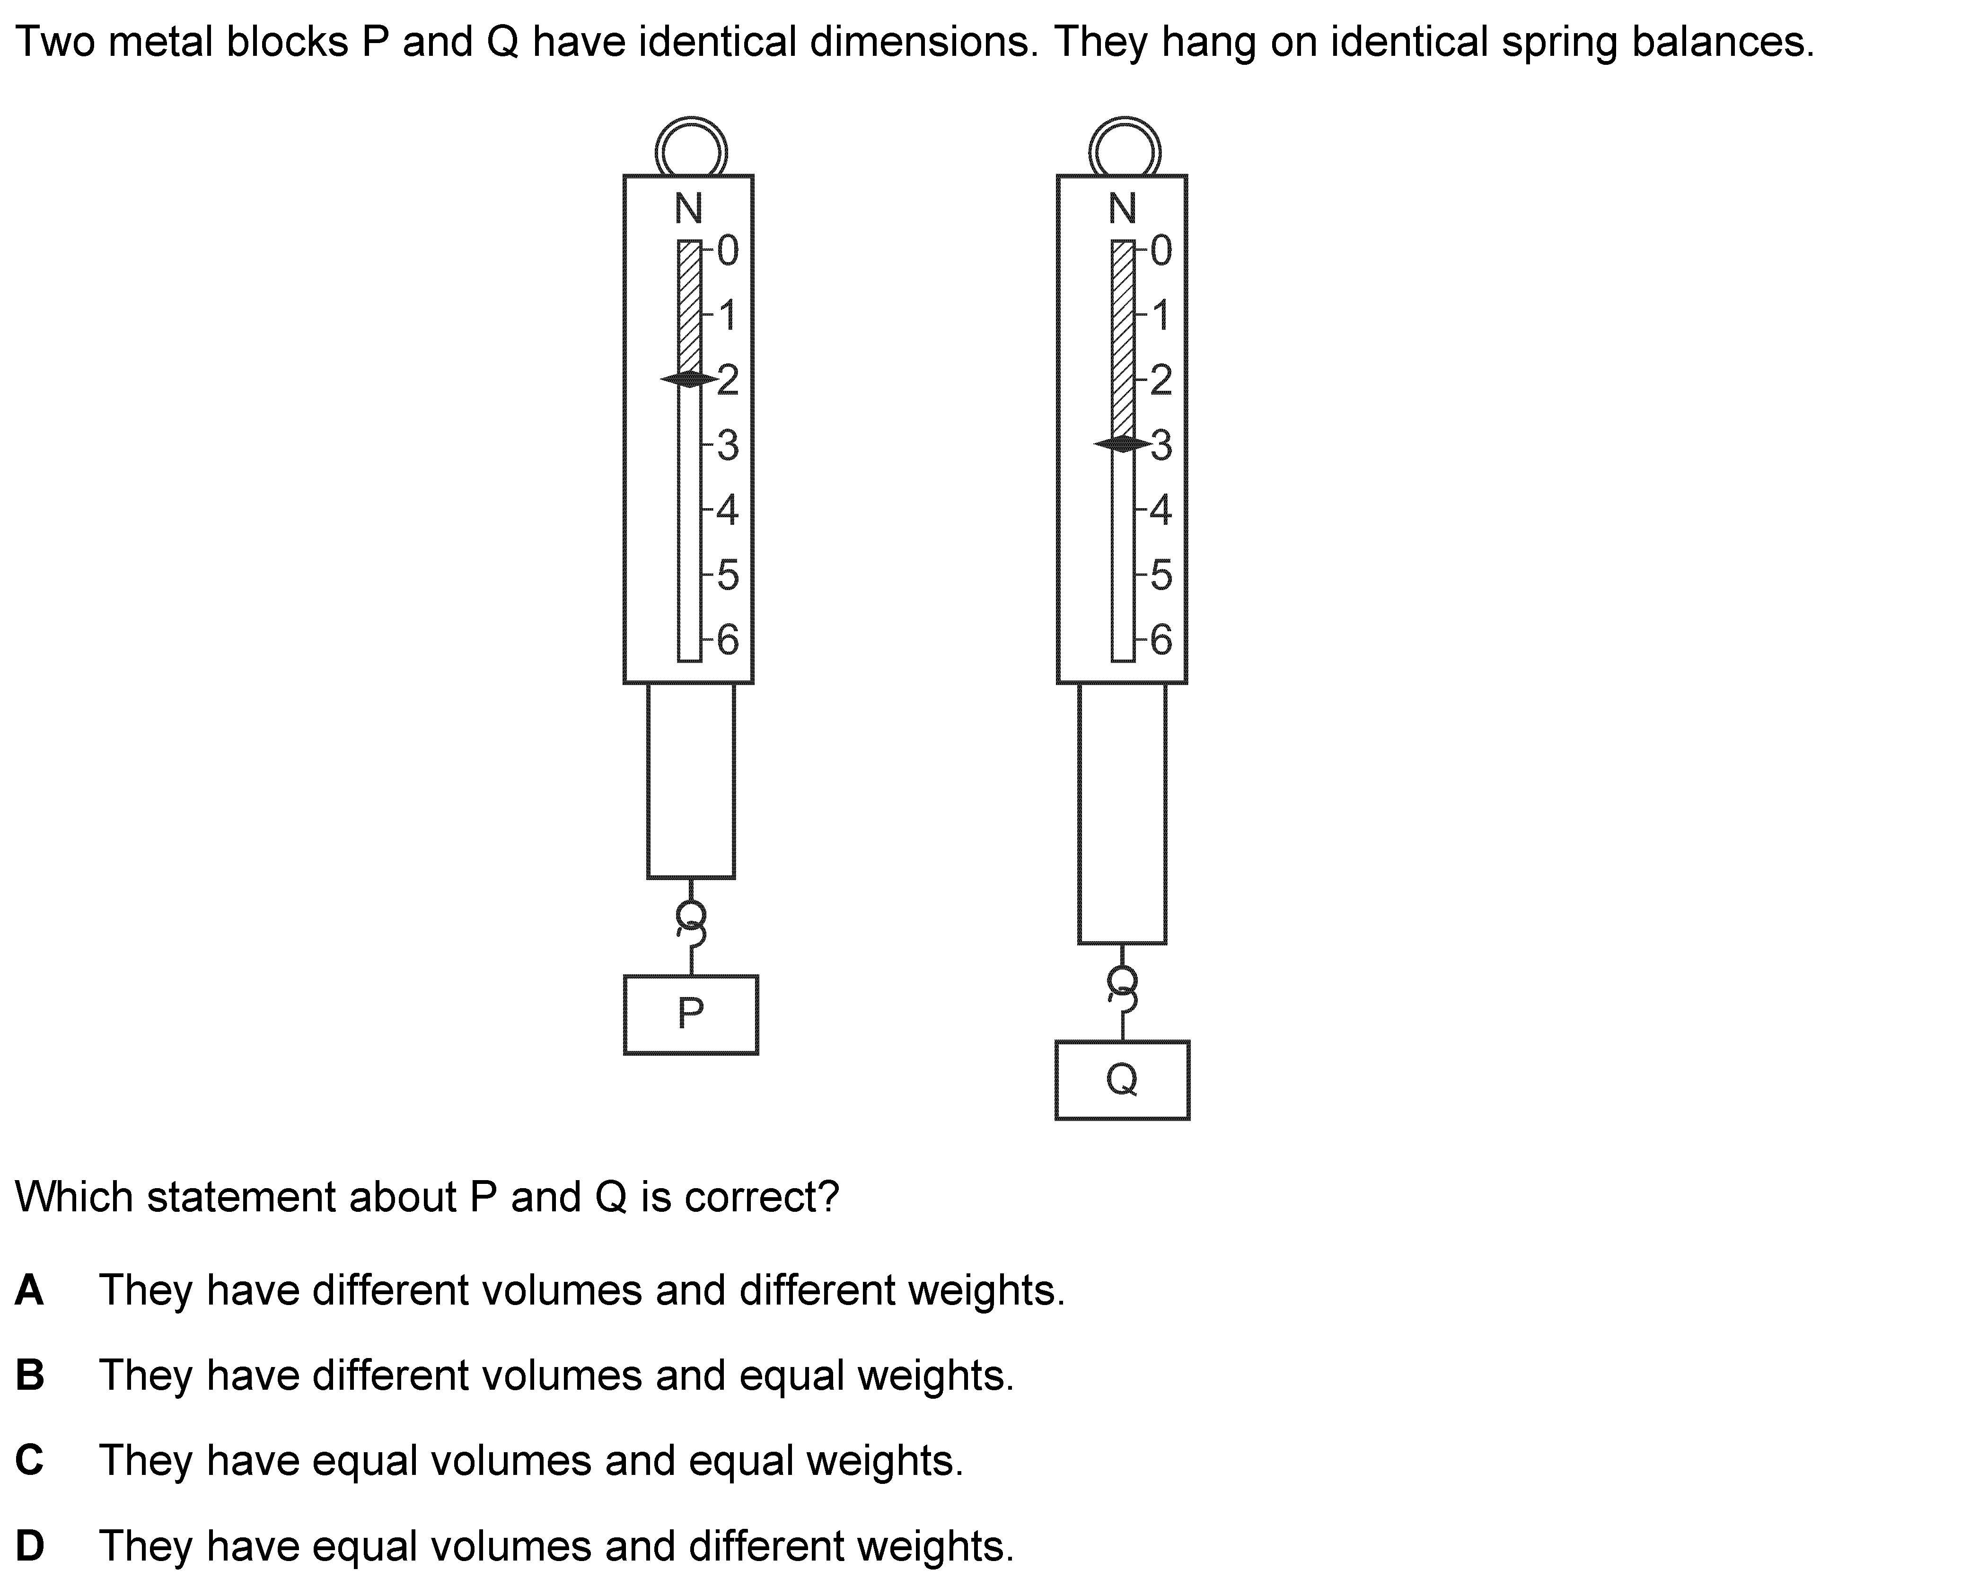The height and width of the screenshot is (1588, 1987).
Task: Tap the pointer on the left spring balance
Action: (689, 379)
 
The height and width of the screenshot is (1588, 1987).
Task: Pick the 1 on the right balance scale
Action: (1161, 315)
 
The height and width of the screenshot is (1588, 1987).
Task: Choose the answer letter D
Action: (29, 1545)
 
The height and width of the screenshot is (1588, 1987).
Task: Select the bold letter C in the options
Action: (29, 1460)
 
